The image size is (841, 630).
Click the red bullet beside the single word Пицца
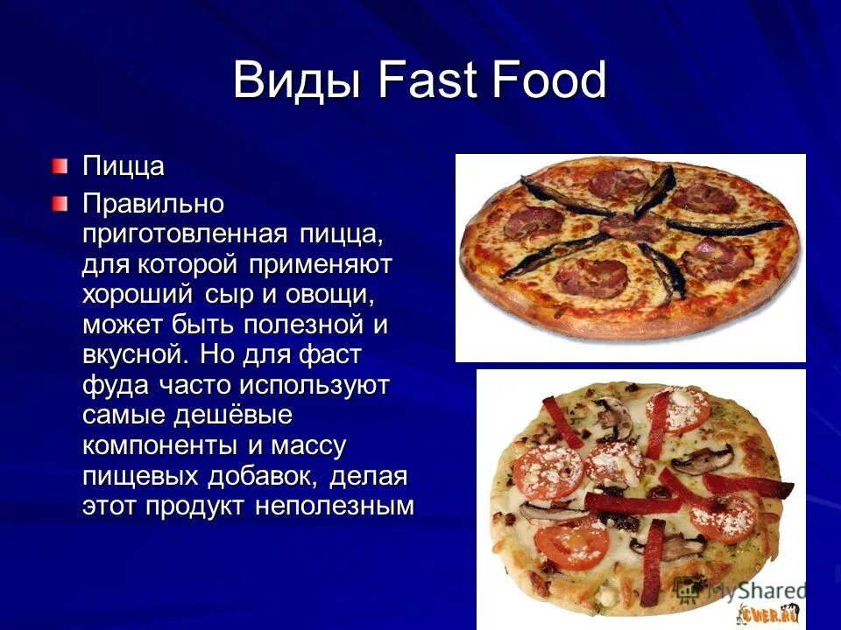coord(59,164)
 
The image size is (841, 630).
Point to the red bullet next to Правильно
coord(59,204)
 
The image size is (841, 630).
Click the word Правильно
coord(153,205)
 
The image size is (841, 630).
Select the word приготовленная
coord(184,234)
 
